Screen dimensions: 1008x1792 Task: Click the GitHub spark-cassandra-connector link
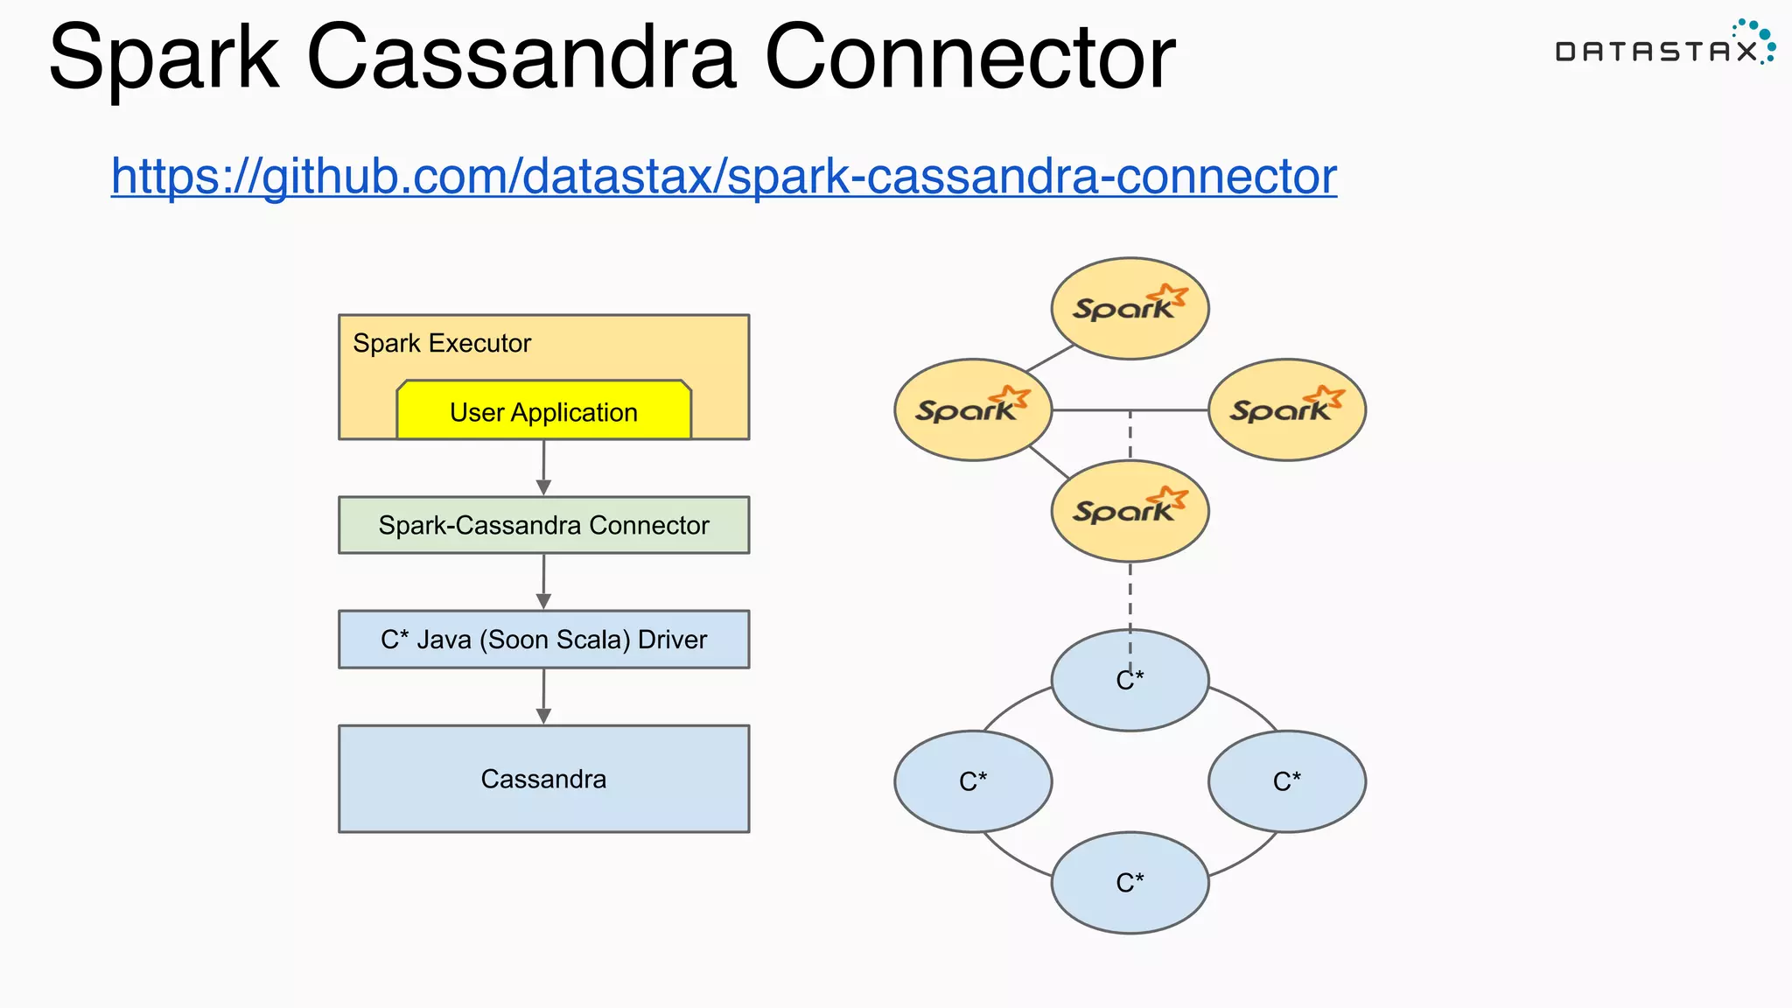pyautogui.click(x=724, y=176)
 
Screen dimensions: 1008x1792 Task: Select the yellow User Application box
pyautogui.click(x=543, y=410)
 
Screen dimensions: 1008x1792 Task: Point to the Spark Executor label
pyautogui.click(x=442, y=343)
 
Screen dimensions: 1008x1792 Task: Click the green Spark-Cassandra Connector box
pyautogui.click(x=543, y=525)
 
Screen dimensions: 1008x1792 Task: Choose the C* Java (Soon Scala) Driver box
pyautogui.click(x=543, y=640)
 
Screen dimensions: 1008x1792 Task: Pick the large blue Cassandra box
pyautogui.click(x=543, y=779)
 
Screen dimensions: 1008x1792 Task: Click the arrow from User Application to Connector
pyautogui.click(x=543, y=468)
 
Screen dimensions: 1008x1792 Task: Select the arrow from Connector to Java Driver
pyautogui.click(x=543, y=582)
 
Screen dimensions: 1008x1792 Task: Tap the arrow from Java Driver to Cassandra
pyautogui.click(x=543, y=696)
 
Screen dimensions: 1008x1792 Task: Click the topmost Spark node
pyautogui.click(x=1130, y=308)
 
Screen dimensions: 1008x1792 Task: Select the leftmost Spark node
pyautogui.click(x=973, y=409)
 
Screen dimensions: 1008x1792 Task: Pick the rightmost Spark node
pyautogui.click(x=1286, y=409)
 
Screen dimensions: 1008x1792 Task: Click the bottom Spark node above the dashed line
pyautogui.click(x=1130, y=511)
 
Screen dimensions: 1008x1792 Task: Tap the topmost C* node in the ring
pyautogui.click(x=1130, y=680)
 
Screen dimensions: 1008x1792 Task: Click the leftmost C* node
pyautogui.click(x=973, y=781)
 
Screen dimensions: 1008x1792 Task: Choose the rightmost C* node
pyautogui.click(x=1286, y=781)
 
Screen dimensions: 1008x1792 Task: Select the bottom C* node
pyautogui.click(x=1130, y=883)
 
